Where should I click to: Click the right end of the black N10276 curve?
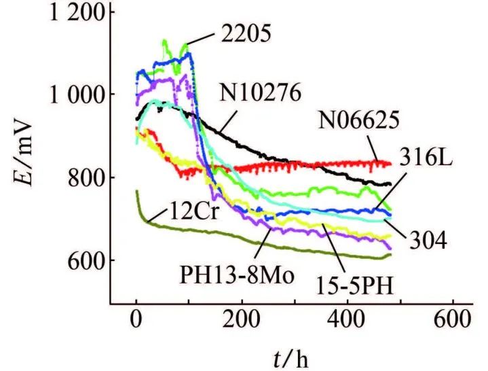[392, 184]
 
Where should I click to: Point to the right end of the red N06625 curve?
[392, 163]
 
